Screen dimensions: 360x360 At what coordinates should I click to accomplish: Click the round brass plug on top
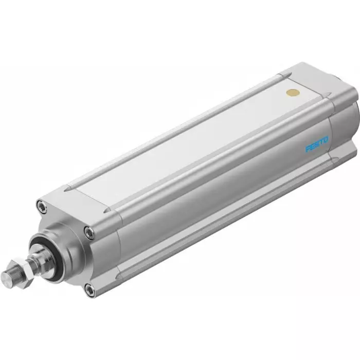293,93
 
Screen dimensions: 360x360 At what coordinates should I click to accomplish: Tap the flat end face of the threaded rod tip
6,278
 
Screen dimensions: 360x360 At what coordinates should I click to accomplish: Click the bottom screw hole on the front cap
90,291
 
